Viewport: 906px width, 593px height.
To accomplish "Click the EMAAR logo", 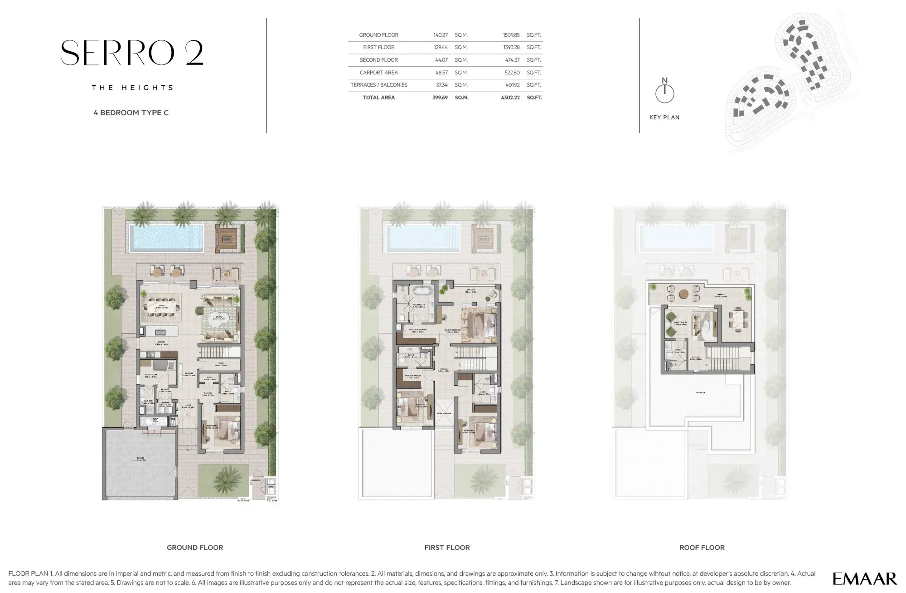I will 864,578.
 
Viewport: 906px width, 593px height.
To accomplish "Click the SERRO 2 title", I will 132,53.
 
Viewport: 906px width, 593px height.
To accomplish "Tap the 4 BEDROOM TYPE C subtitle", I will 131,113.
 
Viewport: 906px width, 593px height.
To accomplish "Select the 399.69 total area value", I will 440,98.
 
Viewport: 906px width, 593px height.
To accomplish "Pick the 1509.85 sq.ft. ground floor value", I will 511,35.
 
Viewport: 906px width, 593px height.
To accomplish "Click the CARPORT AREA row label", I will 378,73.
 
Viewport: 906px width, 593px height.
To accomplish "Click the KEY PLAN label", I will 664,118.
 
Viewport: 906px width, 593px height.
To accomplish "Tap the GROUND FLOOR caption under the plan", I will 195,548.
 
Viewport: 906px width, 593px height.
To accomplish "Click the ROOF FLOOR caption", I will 702,548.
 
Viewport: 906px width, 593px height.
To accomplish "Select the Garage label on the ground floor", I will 140,459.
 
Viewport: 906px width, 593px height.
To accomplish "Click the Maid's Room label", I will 150,375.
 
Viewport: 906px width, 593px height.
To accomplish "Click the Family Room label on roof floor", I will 680,323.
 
